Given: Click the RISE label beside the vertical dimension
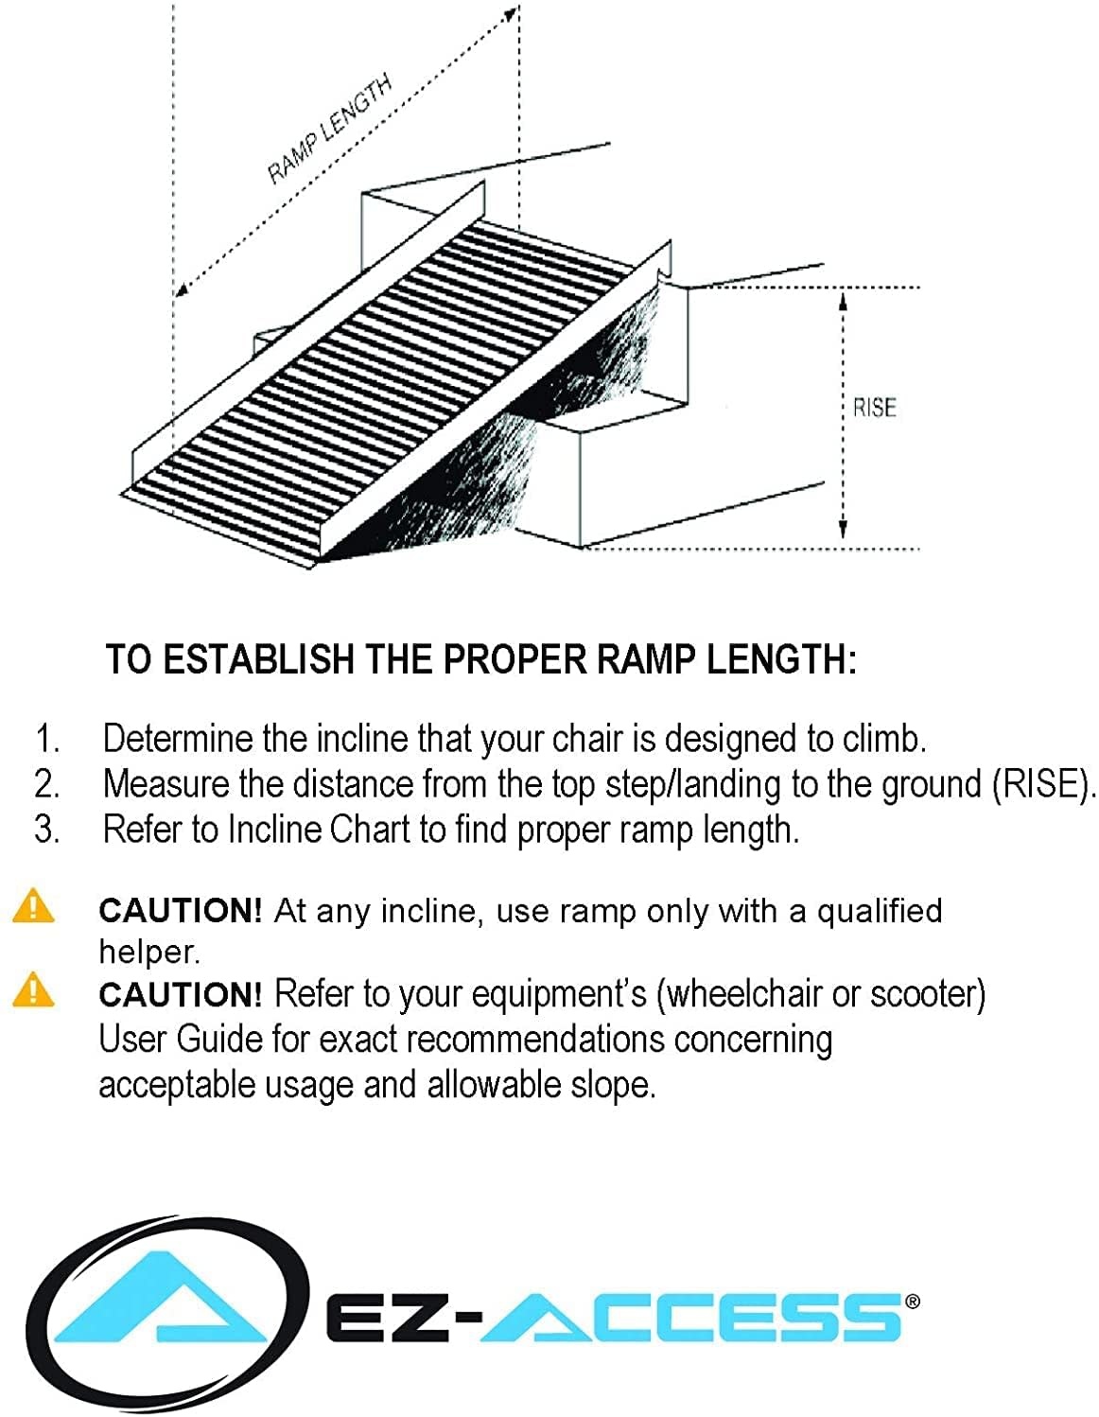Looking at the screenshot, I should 874,408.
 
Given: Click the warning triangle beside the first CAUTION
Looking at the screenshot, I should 33,905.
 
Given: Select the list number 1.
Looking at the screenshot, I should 47,739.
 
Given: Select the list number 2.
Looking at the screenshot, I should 47,784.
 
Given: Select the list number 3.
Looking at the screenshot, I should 47,830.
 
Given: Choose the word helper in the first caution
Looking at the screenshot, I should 148,952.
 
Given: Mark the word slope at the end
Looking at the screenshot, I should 613,1085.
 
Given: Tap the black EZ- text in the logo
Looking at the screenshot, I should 398,1318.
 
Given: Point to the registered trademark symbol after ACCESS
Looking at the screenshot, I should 912,1302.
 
